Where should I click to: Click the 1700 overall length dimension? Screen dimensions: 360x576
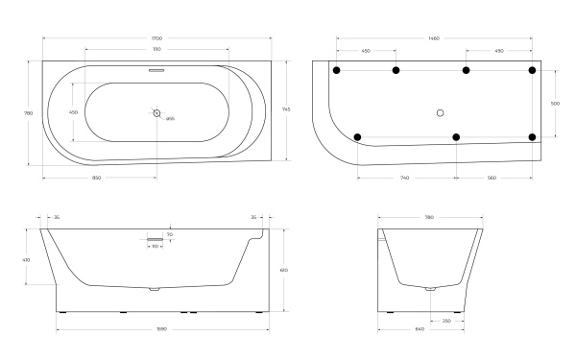tap(157, 39)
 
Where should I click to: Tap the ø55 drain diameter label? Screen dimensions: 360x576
tap(170, 119)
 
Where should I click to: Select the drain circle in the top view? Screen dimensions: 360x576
tap(157, 113)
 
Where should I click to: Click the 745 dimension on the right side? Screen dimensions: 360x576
tap(286, 109)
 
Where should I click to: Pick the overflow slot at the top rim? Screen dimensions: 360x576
tap(157, 70)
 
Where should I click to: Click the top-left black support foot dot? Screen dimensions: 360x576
tap(336, 70)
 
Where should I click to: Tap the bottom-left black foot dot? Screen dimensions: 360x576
tap(358, 137)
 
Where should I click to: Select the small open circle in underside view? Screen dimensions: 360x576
tap(441, 112)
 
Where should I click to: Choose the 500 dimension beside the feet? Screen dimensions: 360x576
tap(555, 103)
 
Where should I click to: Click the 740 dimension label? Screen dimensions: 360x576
tap(406, 178)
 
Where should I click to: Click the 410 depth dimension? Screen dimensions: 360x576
tap(28, 259)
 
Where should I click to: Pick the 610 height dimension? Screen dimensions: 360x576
tap(284, 270)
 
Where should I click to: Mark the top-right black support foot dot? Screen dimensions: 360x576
tap(533, 70)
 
